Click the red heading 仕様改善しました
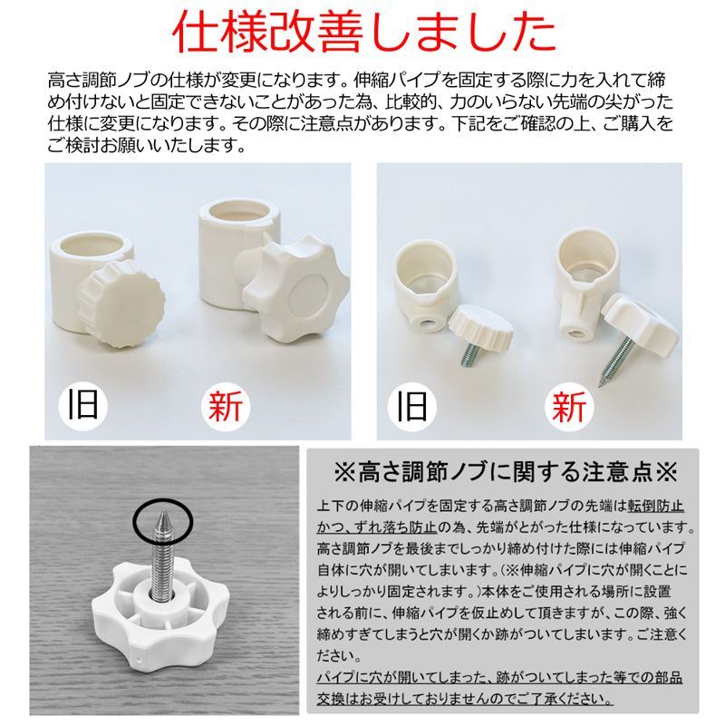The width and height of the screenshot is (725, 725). (x=362, y=34)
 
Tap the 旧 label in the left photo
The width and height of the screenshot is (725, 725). (x=82, y=405)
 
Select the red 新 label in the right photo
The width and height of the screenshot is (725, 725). (x=568, y=405)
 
